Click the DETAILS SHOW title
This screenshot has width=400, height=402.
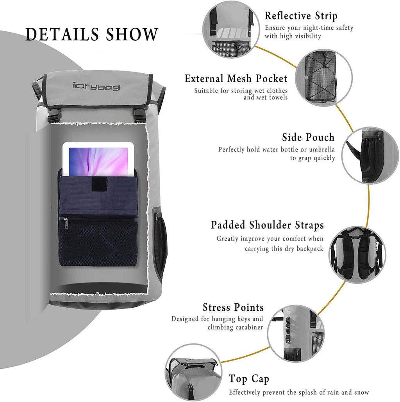coord(92,34)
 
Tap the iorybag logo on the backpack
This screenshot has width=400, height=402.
coord(96,85)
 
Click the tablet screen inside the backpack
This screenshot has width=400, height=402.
coord(98,161)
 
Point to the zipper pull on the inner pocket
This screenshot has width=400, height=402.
coord(65,223)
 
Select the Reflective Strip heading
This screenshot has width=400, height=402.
coord(301,16)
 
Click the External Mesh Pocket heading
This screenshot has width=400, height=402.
coord(236,79)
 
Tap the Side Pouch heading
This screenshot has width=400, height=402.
coord(308,137)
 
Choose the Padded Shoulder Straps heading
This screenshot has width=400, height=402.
coord(267,225)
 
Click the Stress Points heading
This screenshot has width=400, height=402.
coord(233,307)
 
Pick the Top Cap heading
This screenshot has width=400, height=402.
coord(249,379)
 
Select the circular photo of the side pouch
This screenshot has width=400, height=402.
coord(369,154)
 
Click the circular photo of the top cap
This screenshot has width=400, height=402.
coord(193,372)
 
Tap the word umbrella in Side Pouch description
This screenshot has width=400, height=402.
coord(321,150)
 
